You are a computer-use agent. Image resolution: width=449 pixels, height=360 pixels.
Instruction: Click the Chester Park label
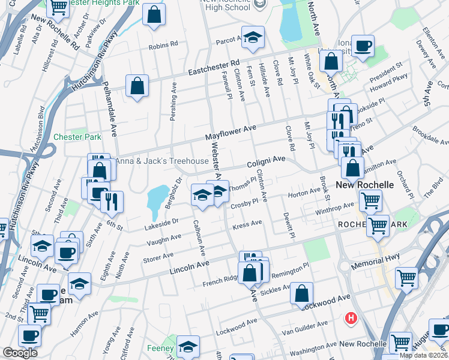tap(77, 137)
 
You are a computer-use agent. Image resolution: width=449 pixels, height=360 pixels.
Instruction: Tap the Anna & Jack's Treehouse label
tap(162, 161)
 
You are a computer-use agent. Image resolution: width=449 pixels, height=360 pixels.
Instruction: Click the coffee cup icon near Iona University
tap(363, 46)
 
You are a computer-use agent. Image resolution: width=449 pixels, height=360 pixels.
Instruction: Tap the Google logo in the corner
tap(20, 353)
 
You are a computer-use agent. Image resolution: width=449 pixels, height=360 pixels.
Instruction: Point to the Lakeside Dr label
tap(161, 223)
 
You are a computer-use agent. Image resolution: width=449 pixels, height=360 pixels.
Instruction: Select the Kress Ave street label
tap(247, 224)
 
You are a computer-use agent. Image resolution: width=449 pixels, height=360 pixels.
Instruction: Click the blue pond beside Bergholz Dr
tap(157, 197)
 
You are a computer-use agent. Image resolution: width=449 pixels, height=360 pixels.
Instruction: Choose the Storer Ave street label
tap(158, 259)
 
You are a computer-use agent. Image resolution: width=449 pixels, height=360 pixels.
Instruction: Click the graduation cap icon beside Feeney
tap(188, 347)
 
